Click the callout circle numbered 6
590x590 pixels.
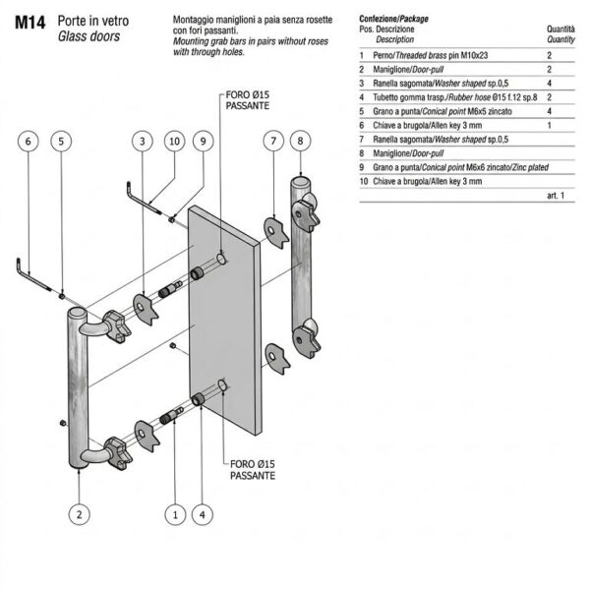click(x=29, y=141)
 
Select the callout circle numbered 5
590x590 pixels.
click(x=61, y=141)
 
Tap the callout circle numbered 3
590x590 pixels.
click(x=143, y=141)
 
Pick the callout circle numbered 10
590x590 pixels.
click(x=175, y=141)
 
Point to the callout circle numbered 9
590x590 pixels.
click(x=204, y=141)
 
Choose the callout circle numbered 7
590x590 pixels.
click(x=273, y=141)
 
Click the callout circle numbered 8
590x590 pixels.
click(x=300, y=141)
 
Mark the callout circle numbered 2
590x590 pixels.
click(x=79, y=514)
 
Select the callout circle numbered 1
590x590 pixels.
click(x=175, y=514)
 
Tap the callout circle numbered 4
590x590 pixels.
click(x=203, y=514)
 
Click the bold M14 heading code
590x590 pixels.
click(x=30, y=23)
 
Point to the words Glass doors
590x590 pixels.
click(x=88, y=36)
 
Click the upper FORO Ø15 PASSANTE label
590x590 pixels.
click(x=247, y=100)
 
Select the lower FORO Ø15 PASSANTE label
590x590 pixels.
click(x=253, y=470)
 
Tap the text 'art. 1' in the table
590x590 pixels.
click(x=556, y=196)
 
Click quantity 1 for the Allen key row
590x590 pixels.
click(x=550, y=125)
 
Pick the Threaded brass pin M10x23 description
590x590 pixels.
click(x=430, y=55)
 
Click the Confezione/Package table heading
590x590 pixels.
click(x=393, y=19)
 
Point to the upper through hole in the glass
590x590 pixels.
click(x=221, y=259)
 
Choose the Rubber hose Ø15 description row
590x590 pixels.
click(x=455, y=97)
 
